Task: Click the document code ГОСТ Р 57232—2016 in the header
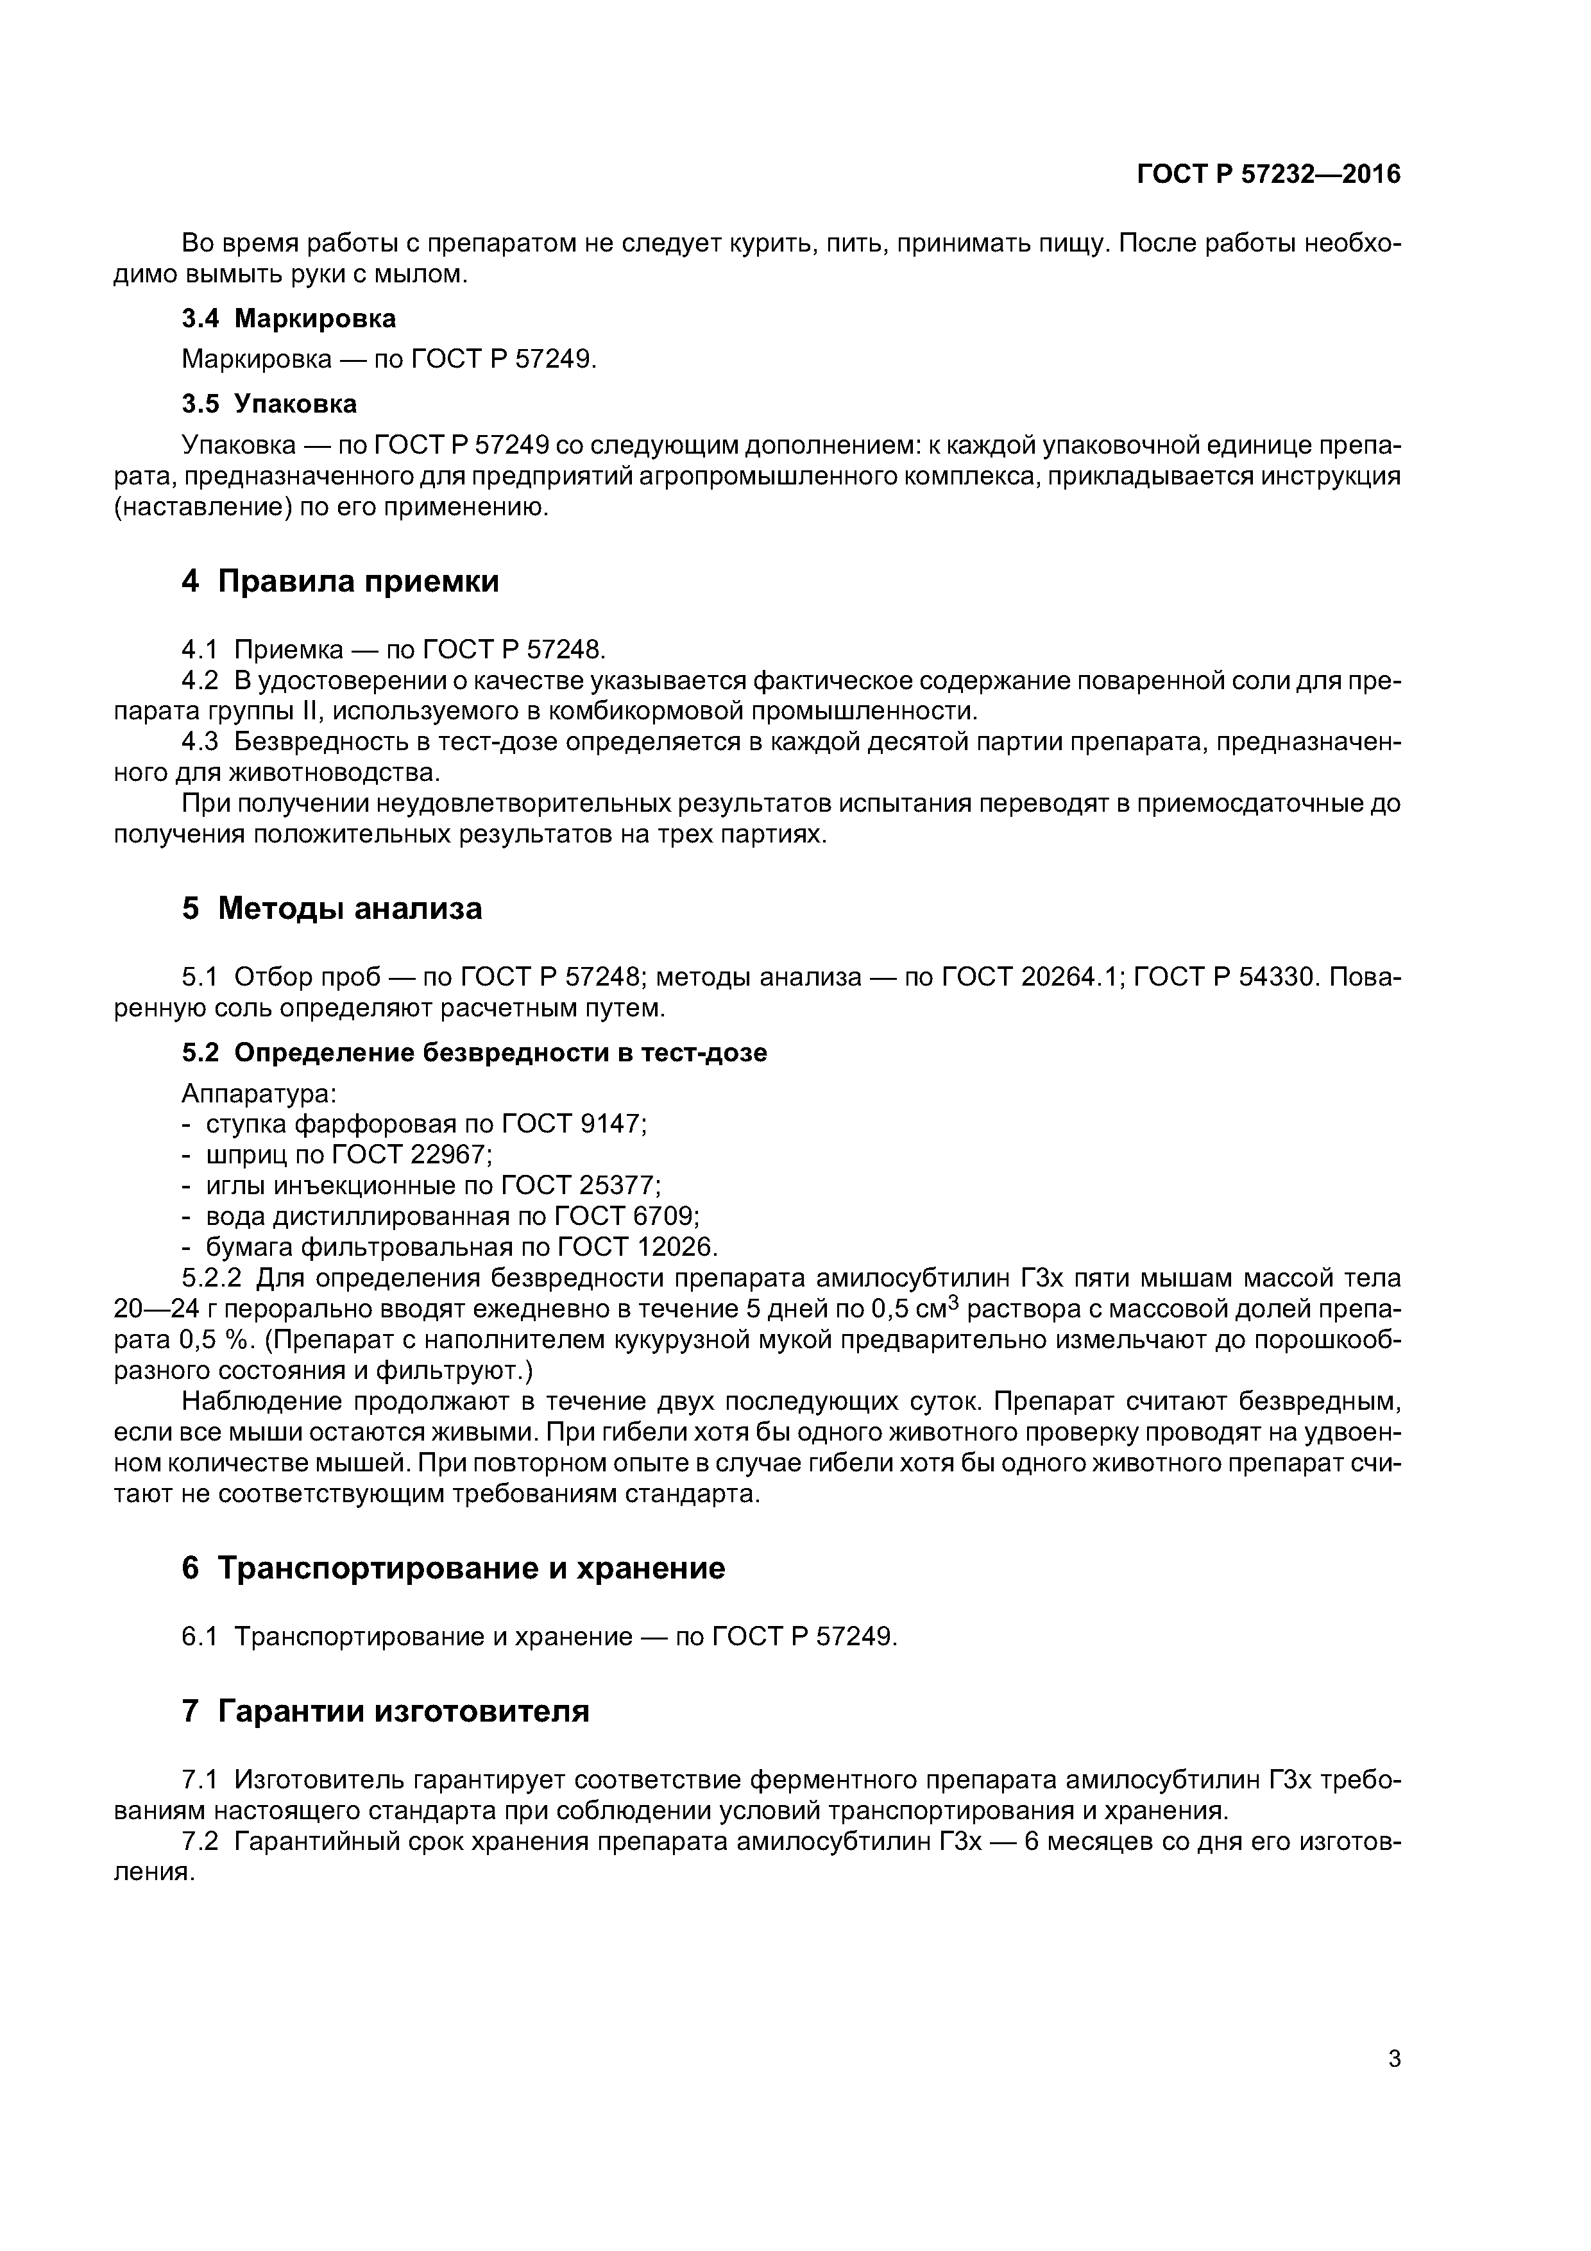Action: pyautogui.click(x=1268, y=175)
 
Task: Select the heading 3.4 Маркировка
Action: pyautogui.click(x=289, y=319)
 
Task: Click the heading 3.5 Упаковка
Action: pyautogui.click(x=269, y=404)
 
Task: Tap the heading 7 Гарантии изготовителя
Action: pyautogui.click(x=386, y=1711)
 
